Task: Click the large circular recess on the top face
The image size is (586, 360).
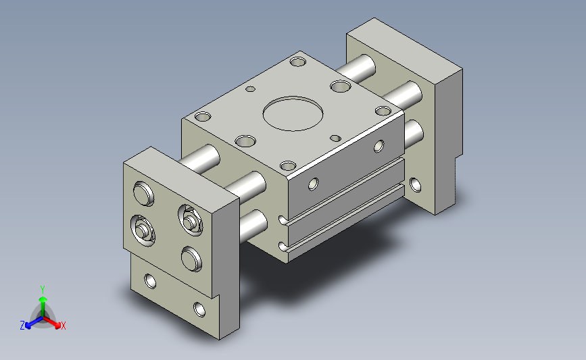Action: (x=293, y=113)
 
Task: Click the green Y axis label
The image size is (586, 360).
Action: (x=43, y=290)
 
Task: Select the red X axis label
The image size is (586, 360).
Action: (x=63, y=326)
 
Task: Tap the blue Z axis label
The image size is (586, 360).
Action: (x=22, y=326)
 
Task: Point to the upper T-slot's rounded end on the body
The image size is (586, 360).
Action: (x=282, y=220)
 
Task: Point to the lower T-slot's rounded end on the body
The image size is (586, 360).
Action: (x=282, y=247)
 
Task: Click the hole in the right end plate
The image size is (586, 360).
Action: (x=415, y=185)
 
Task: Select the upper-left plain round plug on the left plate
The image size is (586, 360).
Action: (x=143, y=193)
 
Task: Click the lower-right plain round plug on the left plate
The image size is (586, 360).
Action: (x=191, y=259)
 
